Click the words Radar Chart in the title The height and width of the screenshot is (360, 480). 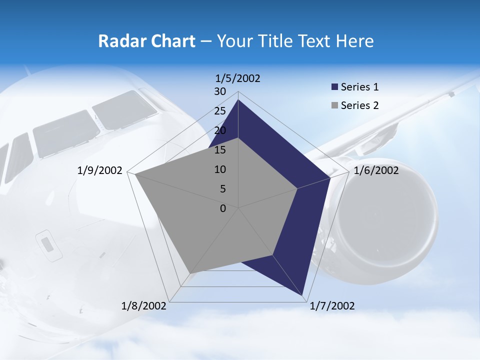146,41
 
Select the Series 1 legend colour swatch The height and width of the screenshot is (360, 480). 334,87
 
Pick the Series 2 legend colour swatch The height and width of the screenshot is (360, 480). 334,105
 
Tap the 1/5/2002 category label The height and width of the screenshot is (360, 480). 237,78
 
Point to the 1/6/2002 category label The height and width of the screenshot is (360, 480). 376,170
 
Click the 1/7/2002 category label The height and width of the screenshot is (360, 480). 332,306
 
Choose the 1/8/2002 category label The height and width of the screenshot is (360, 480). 144,306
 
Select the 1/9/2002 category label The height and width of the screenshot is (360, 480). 100,170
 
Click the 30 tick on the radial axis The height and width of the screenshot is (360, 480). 220,91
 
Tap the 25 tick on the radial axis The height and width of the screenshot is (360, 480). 220,111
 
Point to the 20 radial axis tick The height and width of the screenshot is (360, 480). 220,130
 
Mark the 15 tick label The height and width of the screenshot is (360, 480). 220,150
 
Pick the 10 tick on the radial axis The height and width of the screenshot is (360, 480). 220,169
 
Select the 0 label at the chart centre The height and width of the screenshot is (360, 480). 223,208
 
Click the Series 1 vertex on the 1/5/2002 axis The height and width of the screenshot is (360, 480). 238,99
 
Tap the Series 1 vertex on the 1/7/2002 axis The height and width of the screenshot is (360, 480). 302,295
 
